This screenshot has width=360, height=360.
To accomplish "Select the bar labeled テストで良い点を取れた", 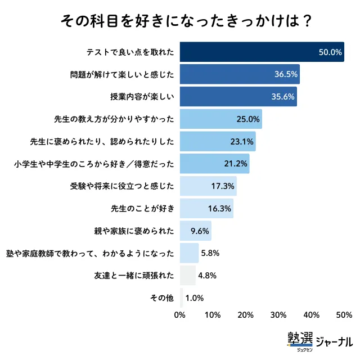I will tap(262, 52).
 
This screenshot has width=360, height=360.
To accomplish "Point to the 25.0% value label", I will tap(248, 119).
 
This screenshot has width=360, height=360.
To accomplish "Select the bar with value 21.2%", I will tap(214, 164).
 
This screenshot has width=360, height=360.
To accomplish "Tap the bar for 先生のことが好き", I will tap(206, 208).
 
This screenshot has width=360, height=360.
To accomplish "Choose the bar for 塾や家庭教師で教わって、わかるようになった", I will tap(189, 253).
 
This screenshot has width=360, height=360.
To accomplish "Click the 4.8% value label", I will tap(208, 276).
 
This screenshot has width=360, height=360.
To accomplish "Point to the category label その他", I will tap(164, 298).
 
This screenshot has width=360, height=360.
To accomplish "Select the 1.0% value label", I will tap(195, 298).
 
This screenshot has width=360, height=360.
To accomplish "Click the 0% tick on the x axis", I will tap(180, 314).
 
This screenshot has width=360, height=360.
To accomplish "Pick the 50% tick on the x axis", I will tap(344, 314).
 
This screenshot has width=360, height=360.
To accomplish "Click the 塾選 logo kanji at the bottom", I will tap(301, 339).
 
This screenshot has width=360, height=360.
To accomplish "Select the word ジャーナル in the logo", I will tap(334, 341).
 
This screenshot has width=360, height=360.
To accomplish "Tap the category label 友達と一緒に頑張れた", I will tap(134, 276).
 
